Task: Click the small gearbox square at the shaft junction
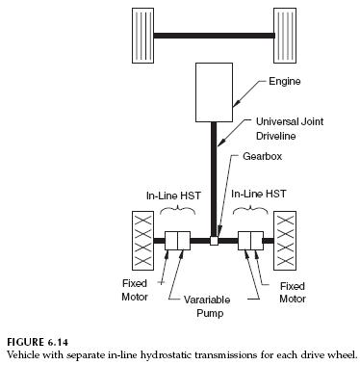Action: pos(215,241)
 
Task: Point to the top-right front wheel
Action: pos(287,36)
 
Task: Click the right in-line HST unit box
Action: pos(250,241)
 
